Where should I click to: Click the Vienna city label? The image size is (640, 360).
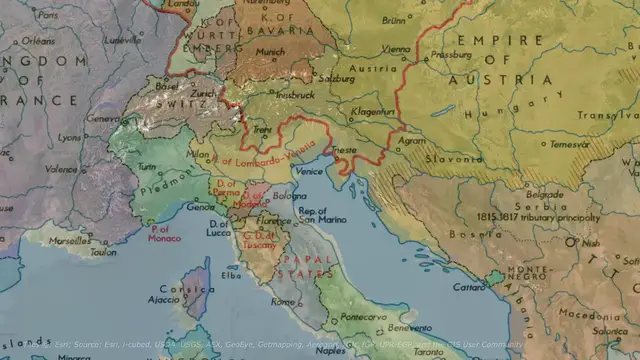pos(395,49)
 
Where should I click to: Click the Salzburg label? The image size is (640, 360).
pos(338,76)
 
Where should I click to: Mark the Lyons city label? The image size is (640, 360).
pos(69,137)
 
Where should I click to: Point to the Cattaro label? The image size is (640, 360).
pos(469,286)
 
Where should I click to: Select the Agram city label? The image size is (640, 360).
pos(413,141)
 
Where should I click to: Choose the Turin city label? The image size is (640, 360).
pos(147,167)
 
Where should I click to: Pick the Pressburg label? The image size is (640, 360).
pos(449,56)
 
